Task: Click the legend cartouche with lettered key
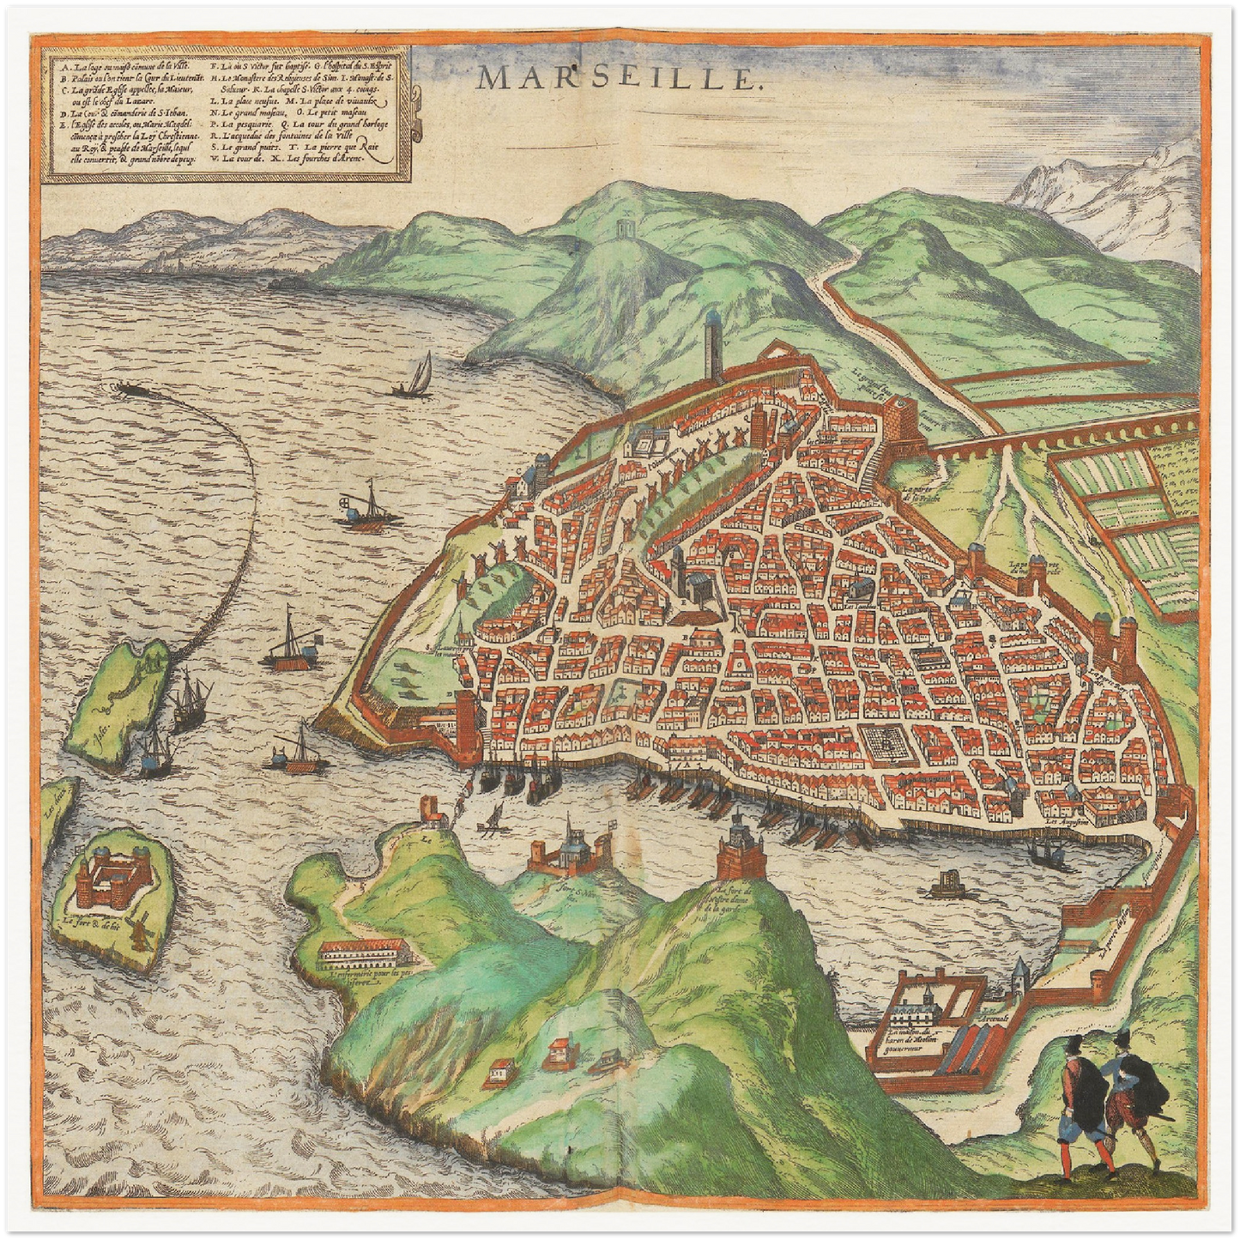(227, 113)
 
